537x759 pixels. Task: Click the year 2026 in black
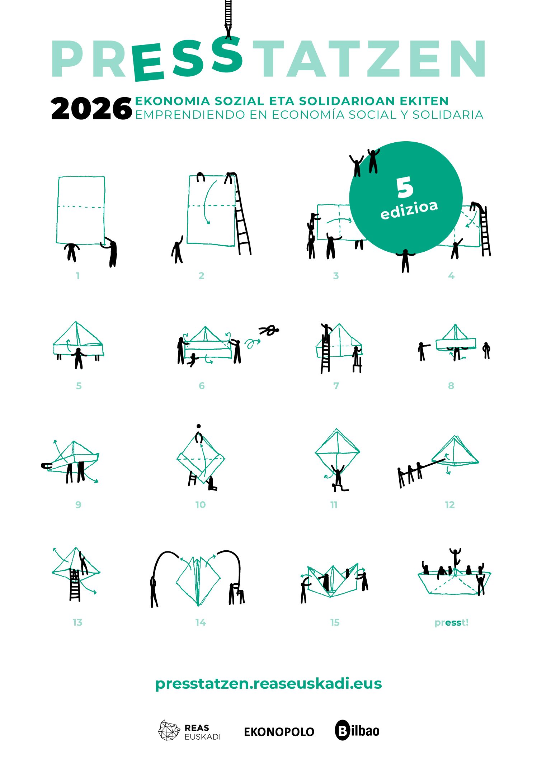tap(91, 108)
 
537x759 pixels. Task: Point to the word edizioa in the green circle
tap(409, 209)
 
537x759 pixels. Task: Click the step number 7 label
tap(336, 386)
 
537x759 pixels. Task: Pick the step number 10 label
tap(201, 505)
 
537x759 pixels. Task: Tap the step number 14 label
tap(201, 622)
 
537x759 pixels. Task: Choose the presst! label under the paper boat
tap(451, 623)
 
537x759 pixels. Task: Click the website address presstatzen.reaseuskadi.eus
tap(268, 684)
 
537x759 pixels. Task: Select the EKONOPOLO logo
tap(279, 732)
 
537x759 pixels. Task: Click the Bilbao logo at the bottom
tap(357, 730)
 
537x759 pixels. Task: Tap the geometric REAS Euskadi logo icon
tap(169, 730)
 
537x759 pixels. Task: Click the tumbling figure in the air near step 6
tap(269, 330)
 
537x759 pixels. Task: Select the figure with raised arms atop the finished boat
tap(455, 557)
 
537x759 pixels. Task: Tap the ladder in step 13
tap(75, 585)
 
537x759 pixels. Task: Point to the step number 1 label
tap(78, 276)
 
